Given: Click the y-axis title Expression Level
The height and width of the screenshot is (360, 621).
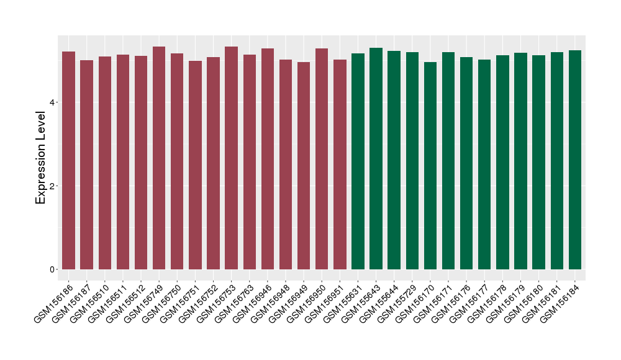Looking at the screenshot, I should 41,157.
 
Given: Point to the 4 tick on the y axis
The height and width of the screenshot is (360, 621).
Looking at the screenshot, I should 54,102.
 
